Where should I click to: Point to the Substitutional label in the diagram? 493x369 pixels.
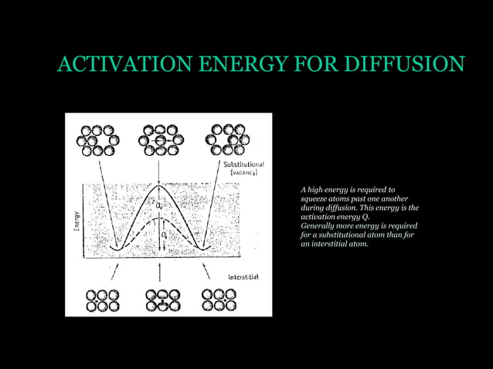point(243,164)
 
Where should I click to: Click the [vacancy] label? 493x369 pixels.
point(243,173)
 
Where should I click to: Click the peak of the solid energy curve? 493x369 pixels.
point(159,186)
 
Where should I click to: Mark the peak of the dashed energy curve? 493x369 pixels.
point(160,218)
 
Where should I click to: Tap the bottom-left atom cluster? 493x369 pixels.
point(103,300)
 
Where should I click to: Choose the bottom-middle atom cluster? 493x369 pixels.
point(161,300)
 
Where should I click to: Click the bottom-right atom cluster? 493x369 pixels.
point(219,300)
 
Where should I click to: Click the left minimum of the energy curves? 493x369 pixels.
point(115,247)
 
